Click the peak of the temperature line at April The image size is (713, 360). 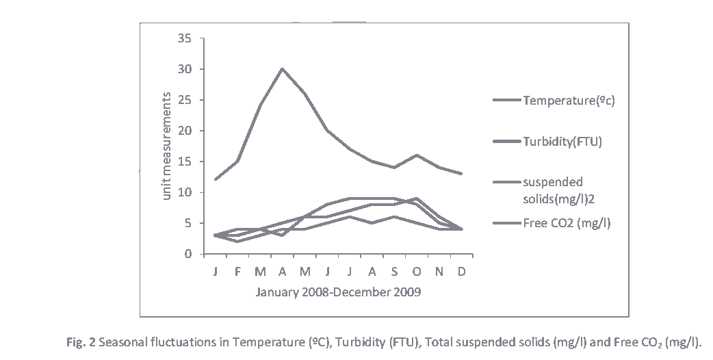click(x=282, y=68)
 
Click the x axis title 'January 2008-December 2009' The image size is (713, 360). click(x=338, y=292)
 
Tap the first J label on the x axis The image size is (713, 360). click(x=216, y=271)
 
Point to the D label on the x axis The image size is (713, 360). click(x=461, y=271)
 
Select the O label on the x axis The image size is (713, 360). click(x=416, y=271)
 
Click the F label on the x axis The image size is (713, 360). click(x=237, y=271)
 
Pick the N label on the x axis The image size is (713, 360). click(x=439, y=271)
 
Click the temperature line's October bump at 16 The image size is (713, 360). click(x=416, y=155)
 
